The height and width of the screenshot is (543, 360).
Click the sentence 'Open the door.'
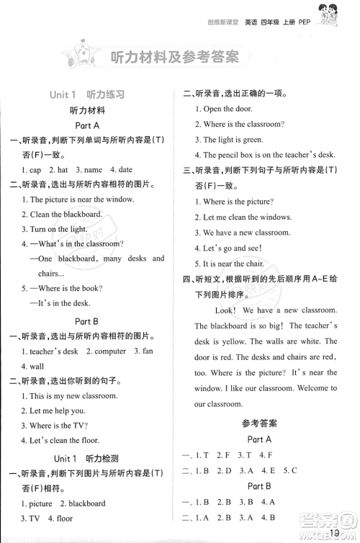[x=223, y=109]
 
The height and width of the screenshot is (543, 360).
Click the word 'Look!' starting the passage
[x=225, y=310]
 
